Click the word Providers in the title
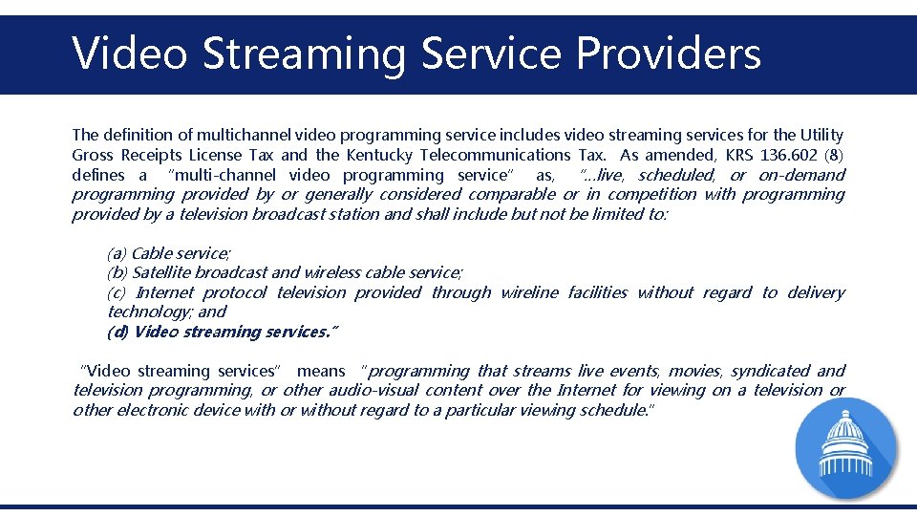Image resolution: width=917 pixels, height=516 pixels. coord(668,54)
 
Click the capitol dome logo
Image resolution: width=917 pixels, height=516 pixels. coord(846,448)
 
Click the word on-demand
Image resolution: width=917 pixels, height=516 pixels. coord(801,175)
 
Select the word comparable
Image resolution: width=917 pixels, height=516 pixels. coord(511,194)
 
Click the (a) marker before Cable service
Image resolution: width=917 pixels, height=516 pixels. coord(117,253)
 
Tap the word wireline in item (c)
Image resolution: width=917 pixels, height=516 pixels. coord(529,292)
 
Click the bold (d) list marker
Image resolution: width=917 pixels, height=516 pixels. coord(117,332)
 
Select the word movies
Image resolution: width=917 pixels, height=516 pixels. coord(694,371)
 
